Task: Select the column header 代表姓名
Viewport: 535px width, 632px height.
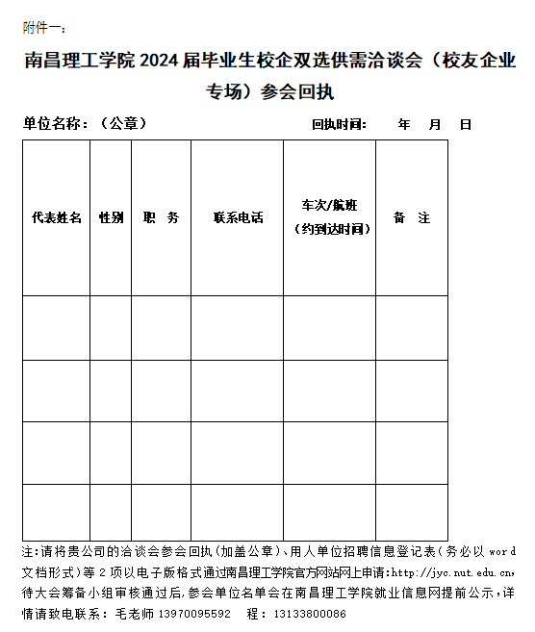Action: tap(57, 218)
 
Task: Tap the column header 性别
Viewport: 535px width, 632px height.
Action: tap(112, 218)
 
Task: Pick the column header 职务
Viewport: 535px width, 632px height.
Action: tap(161, 218)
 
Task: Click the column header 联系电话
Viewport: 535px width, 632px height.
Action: tap(238, 218)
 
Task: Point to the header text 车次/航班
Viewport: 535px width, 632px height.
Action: tap(329, 206)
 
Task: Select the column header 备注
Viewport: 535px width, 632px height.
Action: tap(412, 218)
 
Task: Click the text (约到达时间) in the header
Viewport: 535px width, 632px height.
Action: tap(329, 230)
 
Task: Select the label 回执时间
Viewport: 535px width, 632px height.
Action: tap(339, 124)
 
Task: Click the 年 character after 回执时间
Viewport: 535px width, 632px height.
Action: tap(404, 124)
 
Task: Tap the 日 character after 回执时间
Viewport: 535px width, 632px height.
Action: tap(466, 124)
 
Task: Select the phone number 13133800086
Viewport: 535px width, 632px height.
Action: tap(309, 613)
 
